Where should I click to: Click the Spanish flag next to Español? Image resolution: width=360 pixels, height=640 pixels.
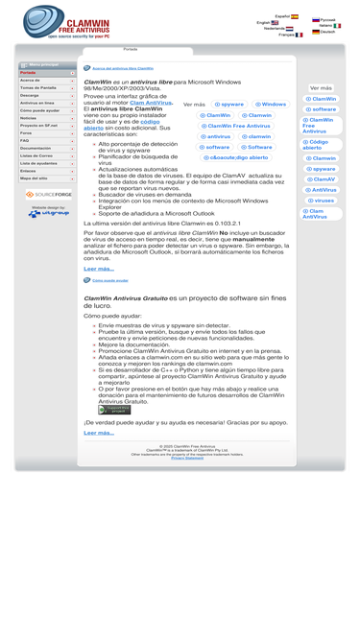pos(295,16)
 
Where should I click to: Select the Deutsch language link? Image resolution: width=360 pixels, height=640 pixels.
pos(327,32)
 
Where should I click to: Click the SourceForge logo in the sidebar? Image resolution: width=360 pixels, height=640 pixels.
pos(48,194)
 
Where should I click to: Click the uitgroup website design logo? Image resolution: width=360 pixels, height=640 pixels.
pos(48,212)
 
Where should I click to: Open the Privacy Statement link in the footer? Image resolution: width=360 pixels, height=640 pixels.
pos(187,458)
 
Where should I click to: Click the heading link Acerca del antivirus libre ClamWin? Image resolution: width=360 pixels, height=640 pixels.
pos(122,68)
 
